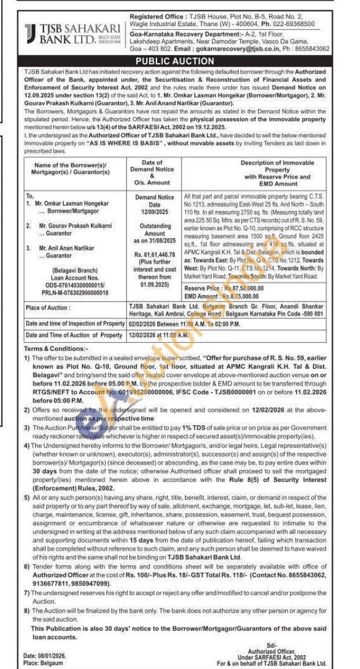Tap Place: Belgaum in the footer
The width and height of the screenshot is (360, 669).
click(43, 663)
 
